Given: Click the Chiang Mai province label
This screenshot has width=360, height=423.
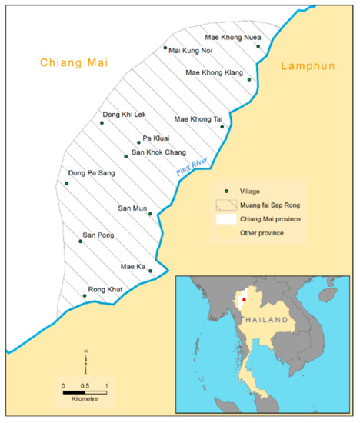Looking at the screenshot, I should coord(75,62).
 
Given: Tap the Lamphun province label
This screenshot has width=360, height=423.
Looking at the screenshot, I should coord(308,66).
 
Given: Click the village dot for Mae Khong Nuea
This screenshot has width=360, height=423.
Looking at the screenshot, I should coord(258,46).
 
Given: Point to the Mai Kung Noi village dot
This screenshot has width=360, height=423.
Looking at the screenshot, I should coord(165,48).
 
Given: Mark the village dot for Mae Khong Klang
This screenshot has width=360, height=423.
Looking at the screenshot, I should coord(248,79).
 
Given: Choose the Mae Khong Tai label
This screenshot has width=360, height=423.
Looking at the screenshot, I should coord(198,119).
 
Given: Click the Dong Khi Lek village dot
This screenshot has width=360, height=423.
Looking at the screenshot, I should coord(102,122).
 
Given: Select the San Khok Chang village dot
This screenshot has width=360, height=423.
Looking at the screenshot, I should coord(125,155).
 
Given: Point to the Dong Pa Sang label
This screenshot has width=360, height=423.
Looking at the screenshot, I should coord(92,173).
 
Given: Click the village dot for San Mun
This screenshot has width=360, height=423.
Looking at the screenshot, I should coord(150,214).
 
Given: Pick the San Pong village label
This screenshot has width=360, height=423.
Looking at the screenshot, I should coord(97,234).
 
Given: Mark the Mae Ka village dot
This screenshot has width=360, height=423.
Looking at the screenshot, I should coord(150,271).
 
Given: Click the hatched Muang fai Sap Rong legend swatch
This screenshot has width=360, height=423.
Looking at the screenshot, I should coord(226,205).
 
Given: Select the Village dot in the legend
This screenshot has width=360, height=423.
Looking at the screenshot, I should coord(226,191).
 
